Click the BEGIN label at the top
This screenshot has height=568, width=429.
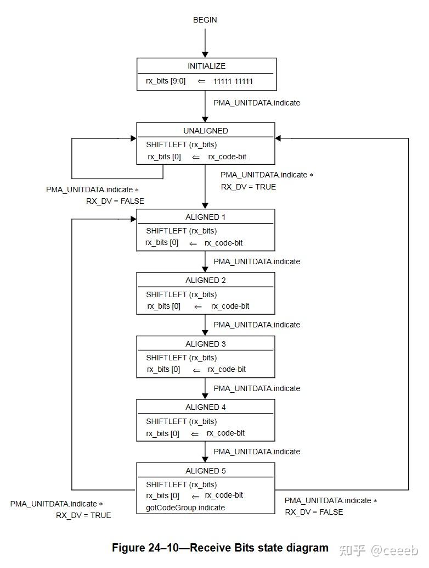pyautogui.click(x=205, y=20)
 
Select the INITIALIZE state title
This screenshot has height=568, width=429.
pyautogui.click(x=206, y=66)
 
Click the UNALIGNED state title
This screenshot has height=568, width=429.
pyautogui.click(x=206, y=131)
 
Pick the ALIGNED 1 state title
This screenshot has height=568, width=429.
pyautogui.click(x=205, y=217)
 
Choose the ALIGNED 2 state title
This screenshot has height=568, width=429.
pyautogui.click(x=205, y=280)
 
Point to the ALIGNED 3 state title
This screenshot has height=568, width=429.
pyautogui.click(x=205, y=344)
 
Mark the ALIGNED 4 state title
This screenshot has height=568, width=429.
pyautogui.click(x=205, y=407)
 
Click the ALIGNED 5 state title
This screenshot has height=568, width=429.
pyautogui.click(x=205, y=471)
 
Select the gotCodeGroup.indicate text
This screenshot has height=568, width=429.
pyautogui.click(x=185, y=508)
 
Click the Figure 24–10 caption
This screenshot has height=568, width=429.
pyautogui.click(x=220, y=548)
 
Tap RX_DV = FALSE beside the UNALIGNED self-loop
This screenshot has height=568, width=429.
pyautogui.click(x=115, y=201)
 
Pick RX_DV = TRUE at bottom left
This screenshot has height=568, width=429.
pyautogui.click(x=83, y=515)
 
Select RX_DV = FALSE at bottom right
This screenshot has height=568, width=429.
pyautogui.click(x=314, y=512)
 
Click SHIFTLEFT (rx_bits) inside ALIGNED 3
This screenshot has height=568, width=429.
pyautogui.click(x=181, y=358)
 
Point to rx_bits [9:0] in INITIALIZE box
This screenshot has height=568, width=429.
pyautogui.click(x=166, y=81)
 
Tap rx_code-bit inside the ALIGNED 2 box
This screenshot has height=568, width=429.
pyautogui.click(x=230, y=306)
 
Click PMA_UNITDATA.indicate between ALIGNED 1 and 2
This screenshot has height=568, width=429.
pyautogui.click(x=257, y=261)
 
